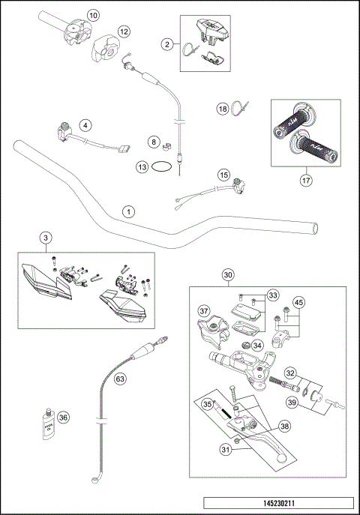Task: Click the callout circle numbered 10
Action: point(92,14)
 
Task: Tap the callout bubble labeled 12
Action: point(124,31)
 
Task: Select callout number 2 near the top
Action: point(167,45)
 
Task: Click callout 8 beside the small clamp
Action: point(152,141)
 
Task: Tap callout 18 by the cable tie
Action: point(223,109)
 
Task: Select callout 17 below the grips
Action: point(306,180)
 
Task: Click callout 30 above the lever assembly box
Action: point(228,274)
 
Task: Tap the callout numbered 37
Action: point(202,311)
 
